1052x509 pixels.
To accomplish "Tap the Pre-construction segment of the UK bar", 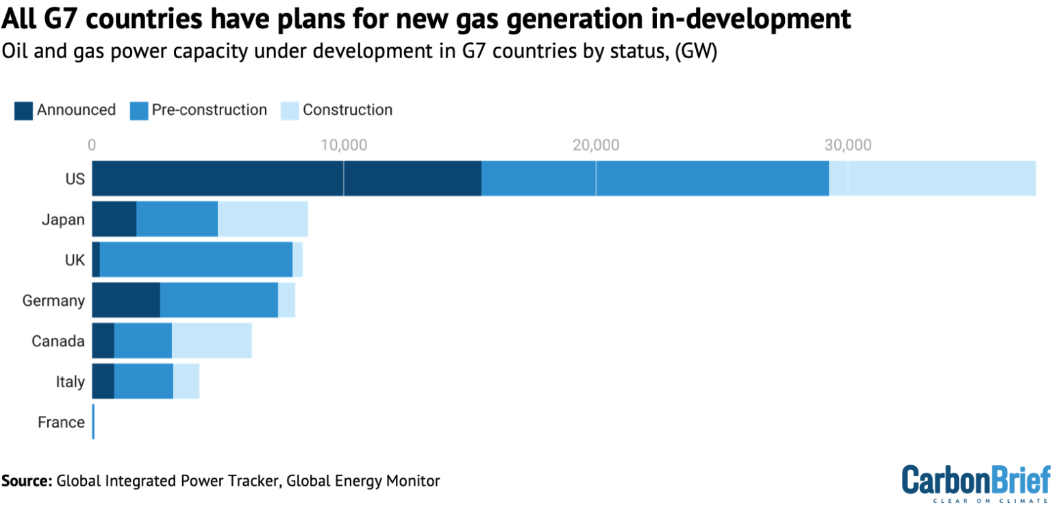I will click(196, 259).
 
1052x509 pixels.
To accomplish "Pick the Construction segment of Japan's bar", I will click(262, 219).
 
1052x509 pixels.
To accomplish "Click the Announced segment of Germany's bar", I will click(126, 300).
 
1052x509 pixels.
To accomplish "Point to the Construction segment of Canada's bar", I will click(212, 341).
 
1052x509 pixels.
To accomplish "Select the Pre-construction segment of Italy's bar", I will click(143, 381).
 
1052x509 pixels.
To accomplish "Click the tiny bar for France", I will click(93, 422).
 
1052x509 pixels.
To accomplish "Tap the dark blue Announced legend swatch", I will click(23, 110).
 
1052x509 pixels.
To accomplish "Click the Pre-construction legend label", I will click(209, 110).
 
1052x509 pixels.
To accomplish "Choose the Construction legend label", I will click(347, 110).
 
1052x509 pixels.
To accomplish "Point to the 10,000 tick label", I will click(344, 145).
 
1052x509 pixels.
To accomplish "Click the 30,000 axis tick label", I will click(847, 145).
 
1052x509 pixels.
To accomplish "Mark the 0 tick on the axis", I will click(92, 145).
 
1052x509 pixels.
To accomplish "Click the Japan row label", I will click(63, 220).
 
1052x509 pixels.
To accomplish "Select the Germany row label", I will click(53, 300).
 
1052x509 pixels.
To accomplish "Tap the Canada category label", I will click(58, 341).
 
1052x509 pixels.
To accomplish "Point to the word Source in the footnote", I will click(26, 481).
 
